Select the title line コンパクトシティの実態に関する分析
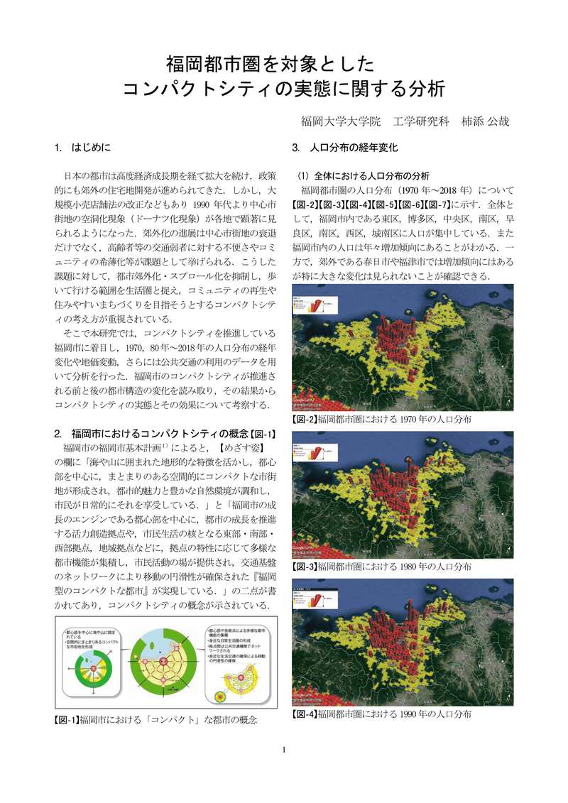point(283,90)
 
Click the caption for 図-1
point(155,720)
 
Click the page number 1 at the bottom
point(284,750)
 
